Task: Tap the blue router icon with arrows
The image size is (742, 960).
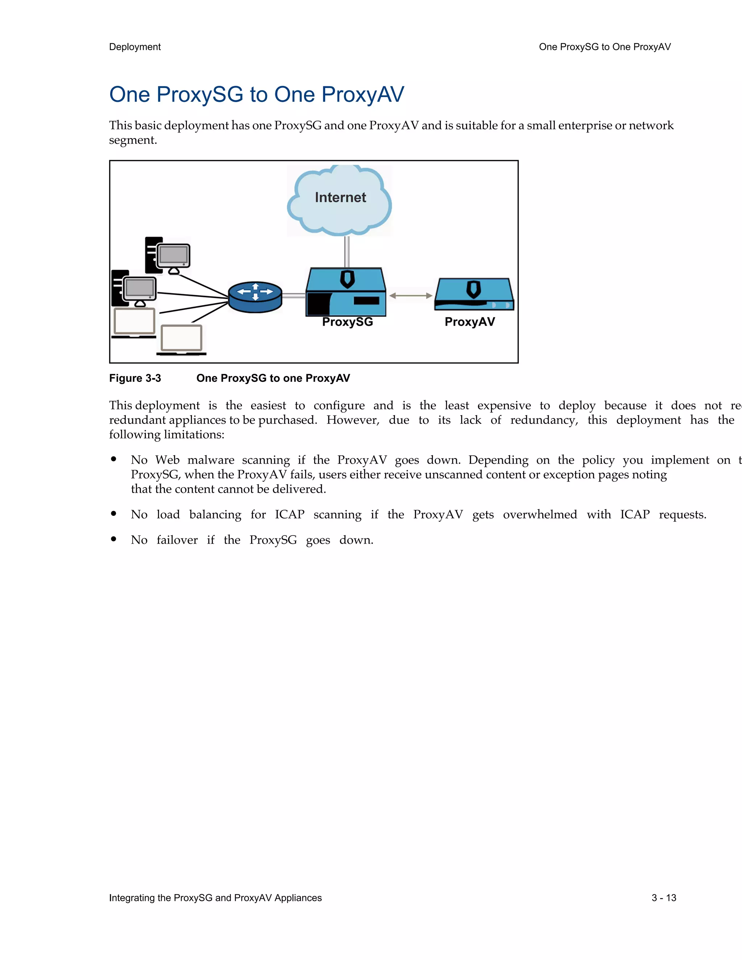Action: coord(255,297)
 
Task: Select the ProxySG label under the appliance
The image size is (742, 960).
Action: coord(347,322)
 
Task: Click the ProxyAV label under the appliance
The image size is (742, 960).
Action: coord(470,322)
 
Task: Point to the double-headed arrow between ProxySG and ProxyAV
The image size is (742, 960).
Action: coord(410,296)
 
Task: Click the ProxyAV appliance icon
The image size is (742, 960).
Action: coord(474,295)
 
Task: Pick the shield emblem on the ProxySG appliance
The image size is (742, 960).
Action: coord(347,279)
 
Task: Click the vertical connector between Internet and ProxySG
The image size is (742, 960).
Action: coord(347,251)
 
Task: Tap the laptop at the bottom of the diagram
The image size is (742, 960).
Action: coord(182,340)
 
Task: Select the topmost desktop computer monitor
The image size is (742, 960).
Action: coord(174,255)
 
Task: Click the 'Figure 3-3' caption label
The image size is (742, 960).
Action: coord(135,378)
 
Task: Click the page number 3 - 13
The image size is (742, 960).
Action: coord(664,898)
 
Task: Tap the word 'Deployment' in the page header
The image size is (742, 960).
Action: coord(135,47)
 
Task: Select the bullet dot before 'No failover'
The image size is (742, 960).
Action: coord(114,539)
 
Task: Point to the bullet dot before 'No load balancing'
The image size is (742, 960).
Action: coord(114,513)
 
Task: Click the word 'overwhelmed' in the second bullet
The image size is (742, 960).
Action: coord(540,514)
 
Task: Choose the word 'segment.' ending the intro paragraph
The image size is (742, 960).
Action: coord(133,140)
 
